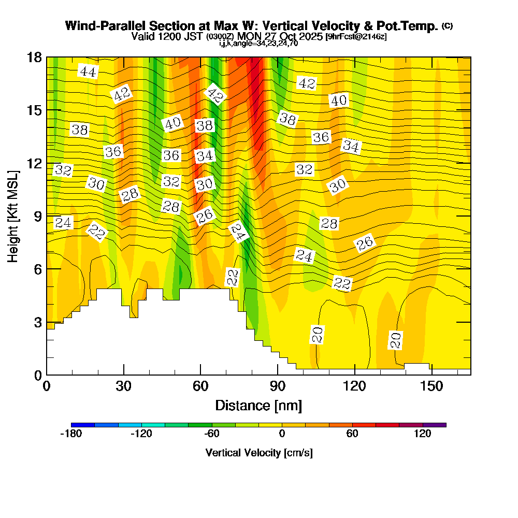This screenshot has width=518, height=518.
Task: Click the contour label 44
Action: tap(88, 71)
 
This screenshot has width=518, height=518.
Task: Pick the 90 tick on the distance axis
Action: tap(278, 375)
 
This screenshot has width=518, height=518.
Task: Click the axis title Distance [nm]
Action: tap(258, 405)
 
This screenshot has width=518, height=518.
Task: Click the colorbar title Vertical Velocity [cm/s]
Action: tap(259, 453)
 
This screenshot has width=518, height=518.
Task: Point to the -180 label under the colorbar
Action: tap(71, 434)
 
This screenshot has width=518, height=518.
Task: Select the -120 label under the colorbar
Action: tap(141, 434)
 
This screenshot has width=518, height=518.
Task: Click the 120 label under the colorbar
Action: tap(423, 434)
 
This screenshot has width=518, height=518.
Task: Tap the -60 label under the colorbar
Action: tap(211, 434)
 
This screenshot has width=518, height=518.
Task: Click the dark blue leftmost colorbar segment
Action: tap(83, 425)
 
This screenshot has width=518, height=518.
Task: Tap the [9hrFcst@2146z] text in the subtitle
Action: tap(356, 37)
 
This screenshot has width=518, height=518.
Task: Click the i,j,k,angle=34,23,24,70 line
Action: tap(258, 44)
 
